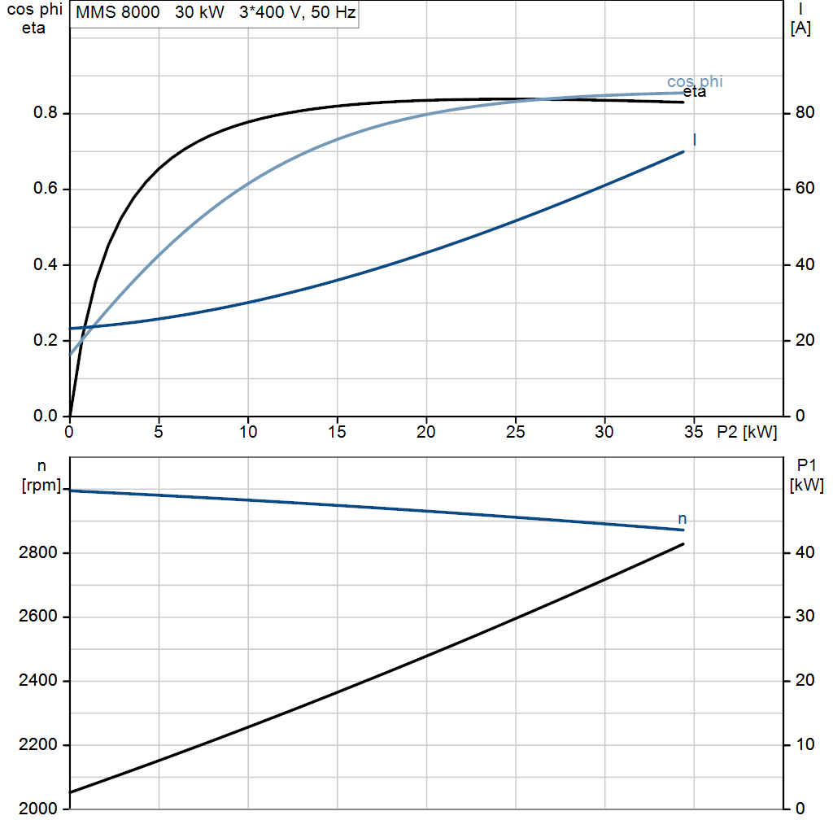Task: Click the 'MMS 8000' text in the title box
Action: point(117,11)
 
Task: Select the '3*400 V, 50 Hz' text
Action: point(298,11)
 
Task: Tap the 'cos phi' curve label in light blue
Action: point(695,82)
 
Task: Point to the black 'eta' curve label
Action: point(695,92)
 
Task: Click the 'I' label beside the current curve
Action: point(695,140)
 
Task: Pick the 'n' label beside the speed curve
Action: point(683,519)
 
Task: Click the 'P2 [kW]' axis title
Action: point(747,432)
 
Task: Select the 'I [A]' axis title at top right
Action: point(800,19)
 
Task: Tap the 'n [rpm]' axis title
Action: point(41,475)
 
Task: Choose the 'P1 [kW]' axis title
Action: point(806,475)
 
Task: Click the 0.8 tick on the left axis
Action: point(46,112)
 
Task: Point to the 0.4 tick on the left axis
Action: point(46,264)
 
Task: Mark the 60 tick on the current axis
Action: point(805,188)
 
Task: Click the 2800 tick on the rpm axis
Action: point(37,553)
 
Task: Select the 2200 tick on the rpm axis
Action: point(37,745)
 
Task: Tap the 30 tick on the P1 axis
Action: point(805,617)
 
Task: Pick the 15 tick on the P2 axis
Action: point(337,432)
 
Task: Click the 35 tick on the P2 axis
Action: point(693,432)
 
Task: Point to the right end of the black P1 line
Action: point(683,544)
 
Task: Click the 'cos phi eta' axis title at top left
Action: point(34,19)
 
